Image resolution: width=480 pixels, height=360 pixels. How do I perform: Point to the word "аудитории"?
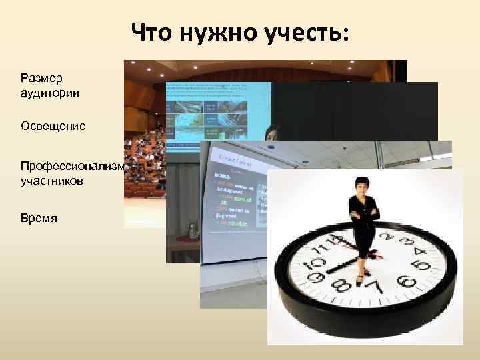click(49, 93)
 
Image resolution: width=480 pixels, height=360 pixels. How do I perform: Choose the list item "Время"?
click(39, 217)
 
